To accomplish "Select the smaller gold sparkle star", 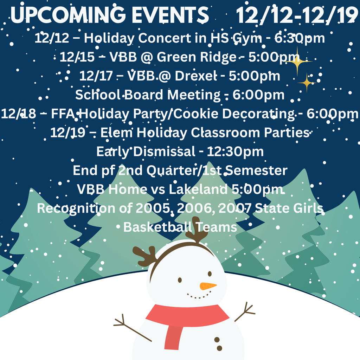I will (306, 83).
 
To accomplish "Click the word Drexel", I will (197, 76).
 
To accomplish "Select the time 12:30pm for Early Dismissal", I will (235, 152).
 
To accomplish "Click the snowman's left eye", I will (180, 280).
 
